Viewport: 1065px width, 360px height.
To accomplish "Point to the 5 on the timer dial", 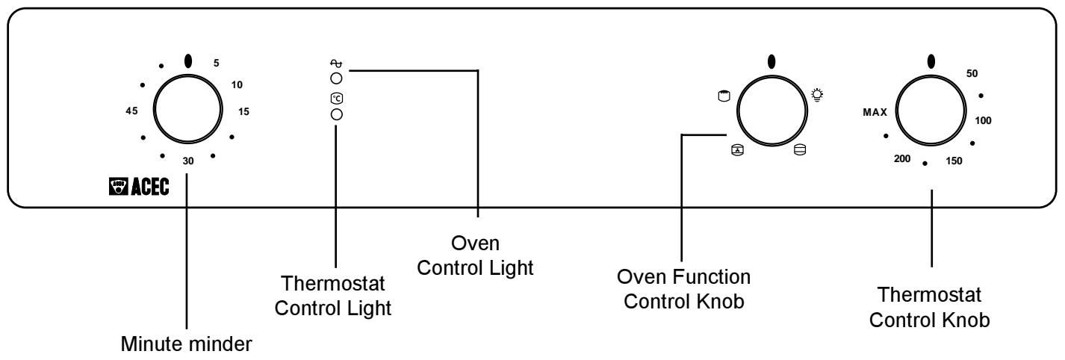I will point(217,63).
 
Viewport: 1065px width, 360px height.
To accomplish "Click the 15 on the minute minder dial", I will point(244,111).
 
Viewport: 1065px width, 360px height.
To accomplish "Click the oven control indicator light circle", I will point(336,78).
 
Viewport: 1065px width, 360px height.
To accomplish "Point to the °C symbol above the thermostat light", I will point(336,99).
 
